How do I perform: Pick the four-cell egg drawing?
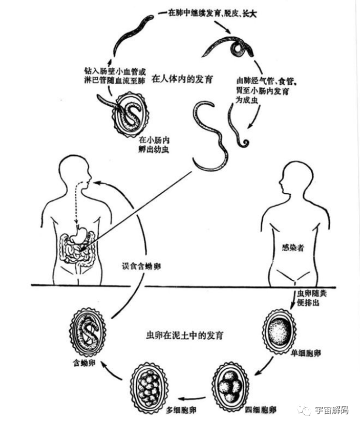pyautogui.click(x=230, y=385)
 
